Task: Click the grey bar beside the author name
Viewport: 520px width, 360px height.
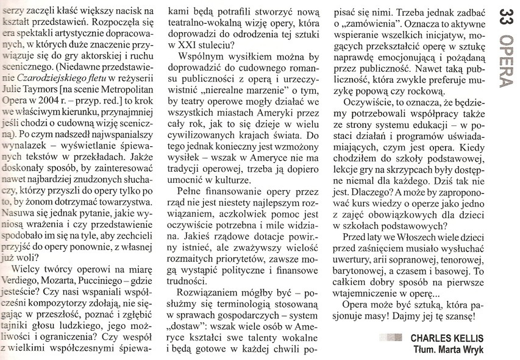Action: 390,337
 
